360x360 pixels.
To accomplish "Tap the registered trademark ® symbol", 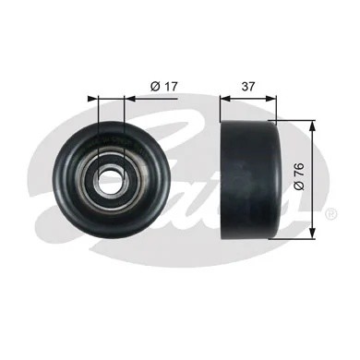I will click(x=330, y=213).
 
